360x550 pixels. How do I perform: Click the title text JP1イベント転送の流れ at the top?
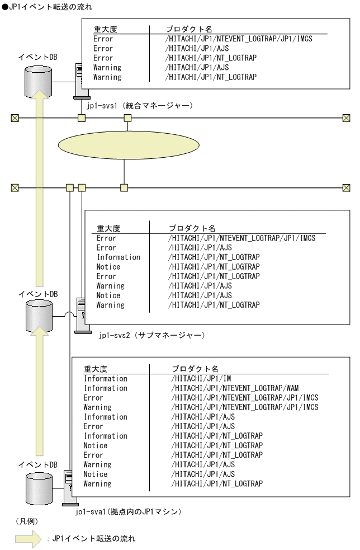pyautogui.click(x=47, y=7)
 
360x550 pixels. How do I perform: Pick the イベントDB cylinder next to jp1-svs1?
pyautogui.click(x=37, y=81)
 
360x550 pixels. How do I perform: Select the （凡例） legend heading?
pyautogui.click(x=26, y=521)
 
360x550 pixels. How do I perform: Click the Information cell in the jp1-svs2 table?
pyautogui.click(x=118, y=257)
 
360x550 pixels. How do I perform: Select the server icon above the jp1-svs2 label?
pyautogui.click(x=80, y=316)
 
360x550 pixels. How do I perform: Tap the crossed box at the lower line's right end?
pyautogui.click(x=346, y=187)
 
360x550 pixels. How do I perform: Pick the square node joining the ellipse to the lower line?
pyautogui.click(x=124, y=187)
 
